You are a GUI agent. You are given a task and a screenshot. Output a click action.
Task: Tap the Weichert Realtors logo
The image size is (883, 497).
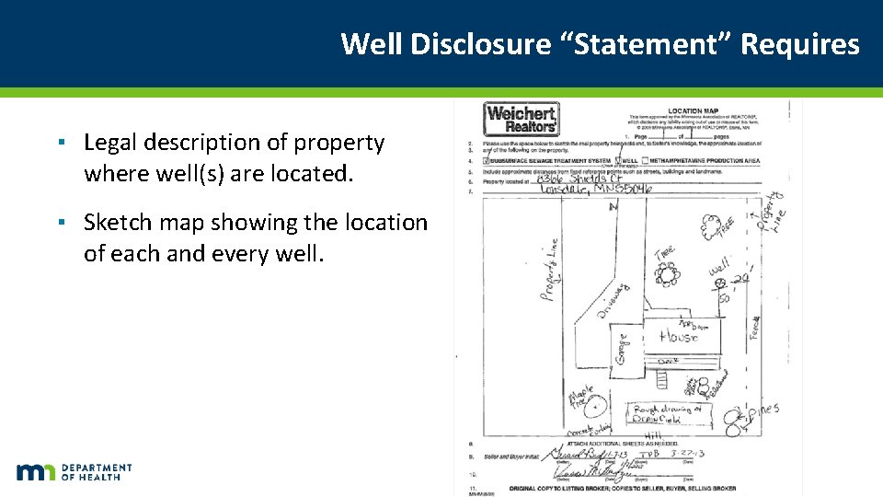(521, 120)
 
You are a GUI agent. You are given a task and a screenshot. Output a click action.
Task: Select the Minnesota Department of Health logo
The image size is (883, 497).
(74, 471)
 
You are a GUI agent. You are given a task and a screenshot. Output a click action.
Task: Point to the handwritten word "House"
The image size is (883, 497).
(679, 338)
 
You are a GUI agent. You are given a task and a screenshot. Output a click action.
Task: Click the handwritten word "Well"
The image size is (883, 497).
(718, 268)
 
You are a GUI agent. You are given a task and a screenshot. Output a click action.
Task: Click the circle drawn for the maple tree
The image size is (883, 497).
(595, 403)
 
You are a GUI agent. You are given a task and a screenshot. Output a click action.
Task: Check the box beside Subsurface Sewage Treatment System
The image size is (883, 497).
(486, 160)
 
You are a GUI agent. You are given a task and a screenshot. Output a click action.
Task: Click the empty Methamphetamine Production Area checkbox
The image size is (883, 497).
(642, 160)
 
